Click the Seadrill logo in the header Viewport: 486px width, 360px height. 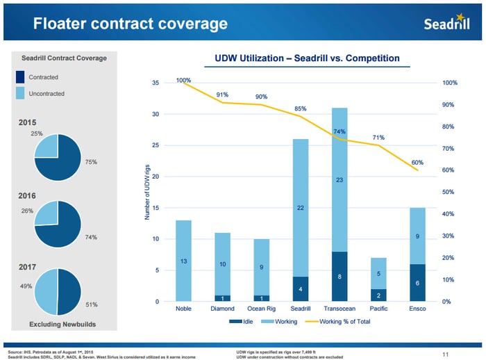coord(449,24)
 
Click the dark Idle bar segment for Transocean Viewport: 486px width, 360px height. coord(340,277)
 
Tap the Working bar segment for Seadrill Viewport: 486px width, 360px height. coord(301,208)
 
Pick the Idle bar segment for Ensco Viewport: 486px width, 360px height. coord(417,283)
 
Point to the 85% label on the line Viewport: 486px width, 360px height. coord(301,109)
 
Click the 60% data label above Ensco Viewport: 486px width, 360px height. coord(417,163)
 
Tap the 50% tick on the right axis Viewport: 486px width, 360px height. coord(449,192)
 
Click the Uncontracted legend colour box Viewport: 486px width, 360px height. coord(20,93)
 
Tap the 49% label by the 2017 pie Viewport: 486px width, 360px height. coord(24,286)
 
